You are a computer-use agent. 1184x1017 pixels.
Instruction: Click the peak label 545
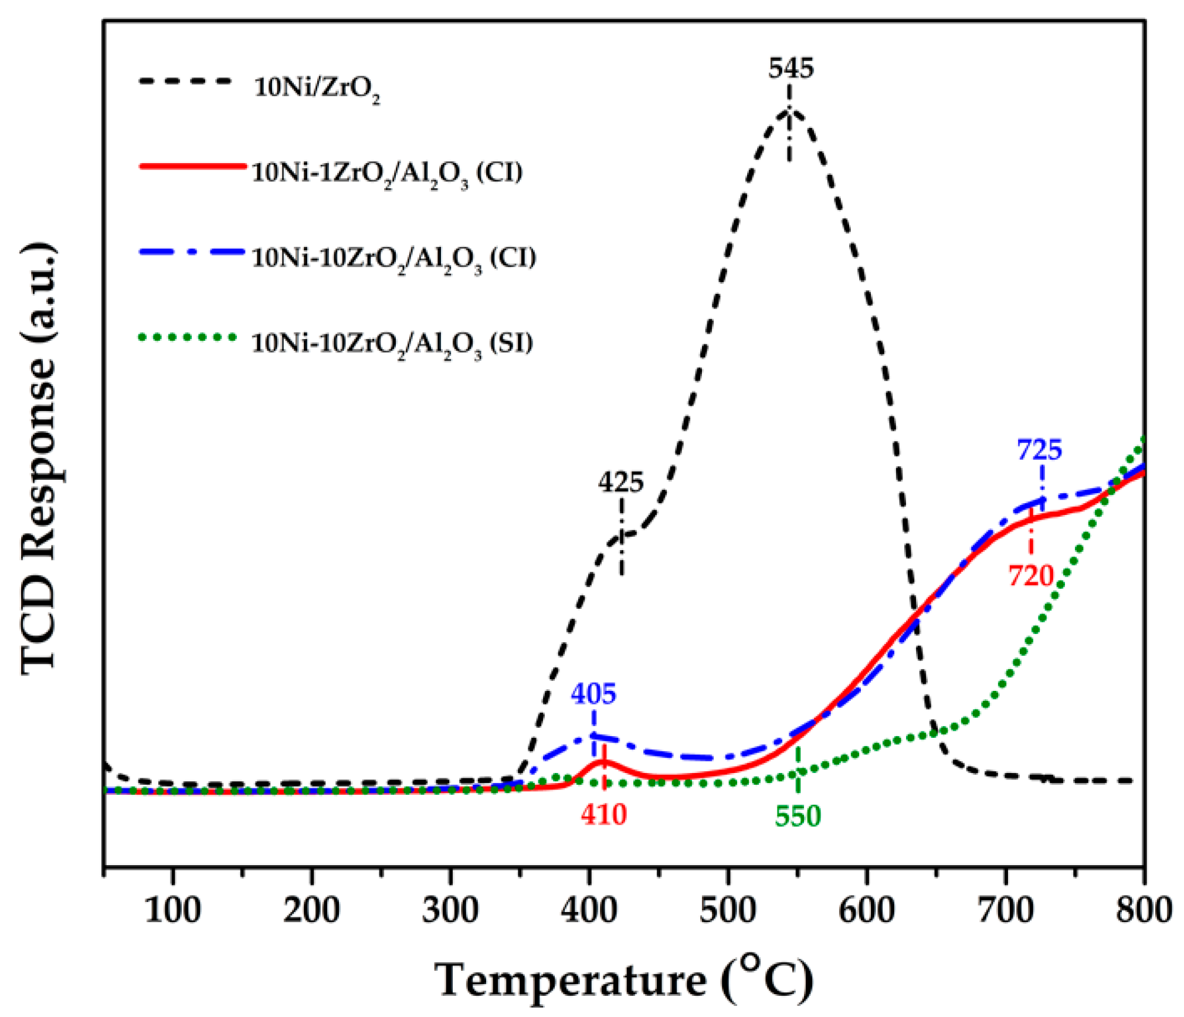791,69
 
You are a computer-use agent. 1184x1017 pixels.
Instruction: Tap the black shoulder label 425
620,483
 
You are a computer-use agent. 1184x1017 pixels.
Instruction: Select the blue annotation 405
593,694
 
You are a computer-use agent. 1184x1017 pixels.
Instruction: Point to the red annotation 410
603,815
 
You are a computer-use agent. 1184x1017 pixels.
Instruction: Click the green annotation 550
798,816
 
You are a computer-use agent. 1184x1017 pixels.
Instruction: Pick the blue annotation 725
1039,450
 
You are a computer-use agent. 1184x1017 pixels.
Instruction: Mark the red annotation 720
1030,576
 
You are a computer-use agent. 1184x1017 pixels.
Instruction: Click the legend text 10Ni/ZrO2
317,88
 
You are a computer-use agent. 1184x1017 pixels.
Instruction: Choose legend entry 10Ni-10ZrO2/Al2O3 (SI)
392,344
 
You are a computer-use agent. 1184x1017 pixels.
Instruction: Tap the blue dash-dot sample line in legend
191,252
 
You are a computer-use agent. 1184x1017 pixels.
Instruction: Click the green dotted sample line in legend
188,337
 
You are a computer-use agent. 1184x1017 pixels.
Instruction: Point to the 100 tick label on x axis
172,911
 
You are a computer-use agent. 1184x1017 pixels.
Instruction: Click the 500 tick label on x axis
728,911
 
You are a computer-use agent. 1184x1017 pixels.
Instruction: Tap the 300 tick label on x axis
450,911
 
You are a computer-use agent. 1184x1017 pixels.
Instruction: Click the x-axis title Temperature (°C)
624,979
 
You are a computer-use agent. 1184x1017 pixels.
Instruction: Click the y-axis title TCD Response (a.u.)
40,457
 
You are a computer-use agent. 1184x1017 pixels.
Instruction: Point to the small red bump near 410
603,762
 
